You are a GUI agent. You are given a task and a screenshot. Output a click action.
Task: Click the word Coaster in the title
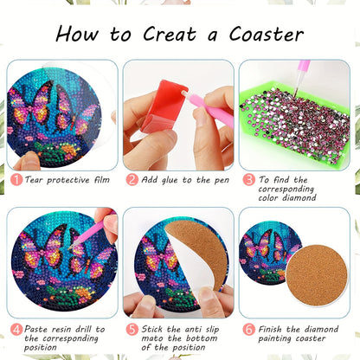(x=267, y=35)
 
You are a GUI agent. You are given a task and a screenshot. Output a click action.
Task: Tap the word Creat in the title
(x=170, y=34)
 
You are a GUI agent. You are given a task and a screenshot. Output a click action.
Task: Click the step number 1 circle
(x=16, y=180)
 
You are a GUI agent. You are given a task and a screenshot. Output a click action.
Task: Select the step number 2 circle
(x=132, y=180)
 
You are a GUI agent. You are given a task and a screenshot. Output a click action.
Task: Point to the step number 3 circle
(x=248, y=180)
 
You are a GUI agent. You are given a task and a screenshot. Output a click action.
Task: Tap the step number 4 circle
(x=16, y=329)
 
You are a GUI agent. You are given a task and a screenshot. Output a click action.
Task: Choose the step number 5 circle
(x=132, y=329)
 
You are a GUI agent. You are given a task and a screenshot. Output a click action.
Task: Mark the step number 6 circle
(x=248, y=329)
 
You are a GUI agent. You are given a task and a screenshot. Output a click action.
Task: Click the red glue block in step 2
(x=164, y=106)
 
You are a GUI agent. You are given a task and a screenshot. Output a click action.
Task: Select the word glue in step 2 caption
(x=170, y=181)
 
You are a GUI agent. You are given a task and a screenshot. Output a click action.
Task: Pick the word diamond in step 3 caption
(x=299, y=198)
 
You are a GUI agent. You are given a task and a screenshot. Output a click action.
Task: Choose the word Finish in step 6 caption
(x=270, y=329)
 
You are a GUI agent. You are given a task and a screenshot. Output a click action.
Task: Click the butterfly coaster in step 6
(x=267, y=254)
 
